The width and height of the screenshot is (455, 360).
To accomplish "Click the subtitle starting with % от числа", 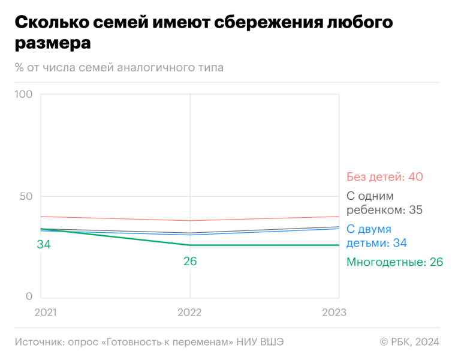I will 119,67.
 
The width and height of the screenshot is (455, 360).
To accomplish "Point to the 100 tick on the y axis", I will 23,95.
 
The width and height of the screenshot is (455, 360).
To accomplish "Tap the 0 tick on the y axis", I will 28,296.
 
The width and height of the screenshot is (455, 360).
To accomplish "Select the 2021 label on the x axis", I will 46,313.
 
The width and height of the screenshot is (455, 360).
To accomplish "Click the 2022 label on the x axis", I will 190,313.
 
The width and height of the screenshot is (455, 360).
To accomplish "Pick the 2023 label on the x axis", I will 334,313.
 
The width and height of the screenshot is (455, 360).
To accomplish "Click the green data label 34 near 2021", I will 44,244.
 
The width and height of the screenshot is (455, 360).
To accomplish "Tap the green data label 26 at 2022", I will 190,262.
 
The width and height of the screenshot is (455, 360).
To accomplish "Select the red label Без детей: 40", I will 385,177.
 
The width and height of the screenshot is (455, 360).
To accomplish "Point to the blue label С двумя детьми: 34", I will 377,236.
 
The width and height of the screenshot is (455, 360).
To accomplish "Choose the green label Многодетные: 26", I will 394,262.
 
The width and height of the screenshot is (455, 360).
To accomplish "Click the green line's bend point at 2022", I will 190,245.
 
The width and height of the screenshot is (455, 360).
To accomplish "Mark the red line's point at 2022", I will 190,220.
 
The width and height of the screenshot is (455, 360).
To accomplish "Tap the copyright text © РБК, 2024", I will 409,341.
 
